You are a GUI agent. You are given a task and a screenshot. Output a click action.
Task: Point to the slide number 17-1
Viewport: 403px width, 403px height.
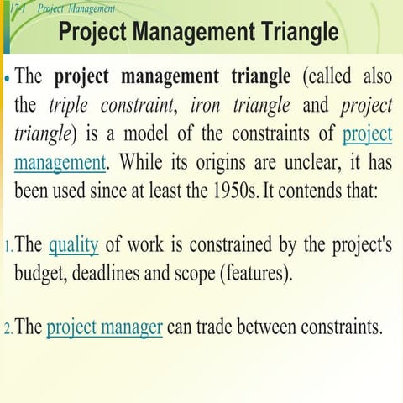click(x=16, y=8)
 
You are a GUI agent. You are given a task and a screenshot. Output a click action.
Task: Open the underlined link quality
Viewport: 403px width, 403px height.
click(x=74, y=246)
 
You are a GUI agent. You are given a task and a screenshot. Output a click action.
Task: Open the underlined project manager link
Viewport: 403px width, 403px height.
click(x=104, y=327)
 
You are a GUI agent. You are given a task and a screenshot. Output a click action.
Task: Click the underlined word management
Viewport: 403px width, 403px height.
click(x=60, y=161)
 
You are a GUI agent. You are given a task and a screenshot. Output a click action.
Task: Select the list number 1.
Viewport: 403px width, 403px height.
click(x=7, y=248)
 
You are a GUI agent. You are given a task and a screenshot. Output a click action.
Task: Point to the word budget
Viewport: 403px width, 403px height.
click(x=42, y=274)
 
